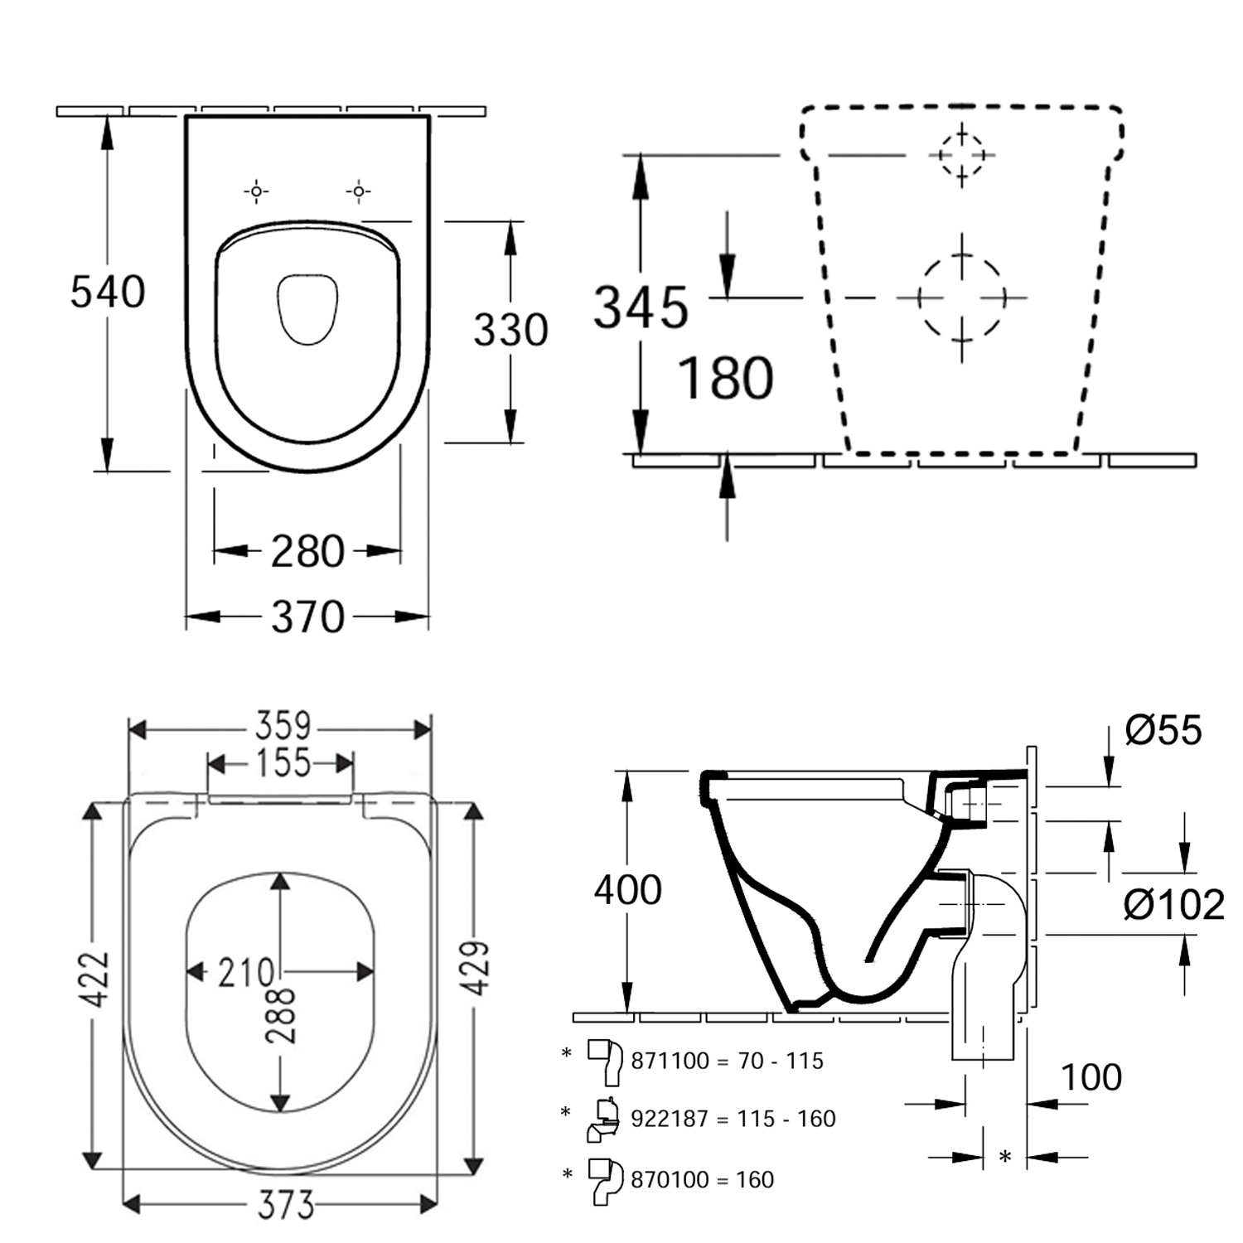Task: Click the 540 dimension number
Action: tap(108, 293)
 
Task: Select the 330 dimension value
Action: tap(510, 331)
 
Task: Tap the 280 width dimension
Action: tap(307, 552)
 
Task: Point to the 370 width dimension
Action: tap(307, 617)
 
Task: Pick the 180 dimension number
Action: tap(725, 379)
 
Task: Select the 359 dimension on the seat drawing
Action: tap(283, 727)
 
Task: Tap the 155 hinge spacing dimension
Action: tap(283, 763)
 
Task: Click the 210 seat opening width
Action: tap(245, 973)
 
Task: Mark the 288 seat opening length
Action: tap(282, 1015)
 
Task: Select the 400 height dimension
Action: tap(627, 891)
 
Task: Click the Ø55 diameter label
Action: tap(1163, 731)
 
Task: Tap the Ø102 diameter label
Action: tap(1173, 905)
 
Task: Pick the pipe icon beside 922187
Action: tap(604, 1119)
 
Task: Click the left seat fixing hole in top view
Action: tap(256, 192)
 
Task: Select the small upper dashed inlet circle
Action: tap(961, 155)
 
